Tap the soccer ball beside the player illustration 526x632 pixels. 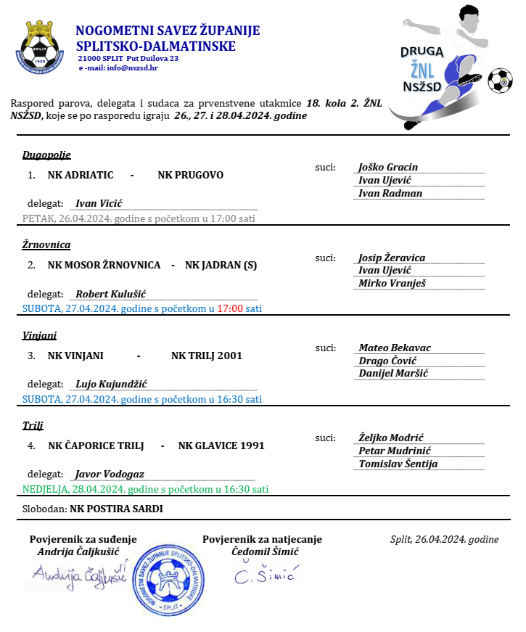(x=500, y=81)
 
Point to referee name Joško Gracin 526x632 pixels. (x=388, y=167)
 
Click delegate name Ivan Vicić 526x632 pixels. (x=99, y=203)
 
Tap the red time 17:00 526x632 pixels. (x=230, y=308)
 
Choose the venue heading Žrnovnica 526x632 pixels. (x=46, y=245)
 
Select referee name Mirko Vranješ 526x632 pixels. (x=393, y=283)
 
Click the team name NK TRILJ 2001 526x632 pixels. (x=207, y=356)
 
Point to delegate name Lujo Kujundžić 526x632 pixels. (x=112, y=384)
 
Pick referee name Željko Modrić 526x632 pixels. (x=391, y=438)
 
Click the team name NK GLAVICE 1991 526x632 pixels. (x=221, y=446)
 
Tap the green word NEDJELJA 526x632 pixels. (x=45, y=489)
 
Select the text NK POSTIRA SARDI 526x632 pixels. (x=116, y=509)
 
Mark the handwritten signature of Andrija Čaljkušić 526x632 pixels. (x=79, y=574)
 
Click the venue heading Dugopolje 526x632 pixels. (x=46, y=155)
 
